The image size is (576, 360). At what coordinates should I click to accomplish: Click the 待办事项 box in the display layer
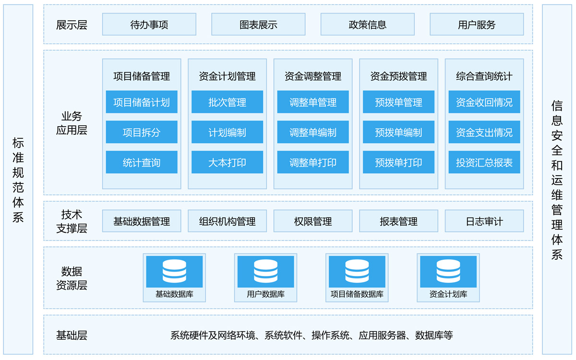click(149, 24)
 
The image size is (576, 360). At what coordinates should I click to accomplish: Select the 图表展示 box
click(258, 24)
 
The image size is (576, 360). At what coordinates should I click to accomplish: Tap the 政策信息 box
click(368, 24)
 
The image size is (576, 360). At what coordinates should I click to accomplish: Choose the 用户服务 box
click(477, 24)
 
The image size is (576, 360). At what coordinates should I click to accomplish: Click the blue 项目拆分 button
click(142, 132)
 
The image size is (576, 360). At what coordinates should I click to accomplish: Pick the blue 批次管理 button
click(228, 102)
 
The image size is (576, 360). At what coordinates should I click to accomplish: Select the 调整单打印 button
click(313, 162)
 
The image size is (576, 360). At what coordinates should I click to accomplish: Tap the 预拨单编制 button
click(398, 132)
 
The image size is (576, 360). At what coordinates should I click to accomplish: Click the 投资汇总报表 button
click(484, 162)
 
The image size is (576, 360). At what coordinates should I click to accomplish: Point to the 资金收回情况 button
click(484, 102)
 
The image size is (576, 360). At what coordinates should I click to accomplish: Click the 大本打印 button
click(228, 162)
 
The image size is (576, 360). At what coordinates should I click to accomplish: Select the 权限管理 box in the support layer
click(313, 221)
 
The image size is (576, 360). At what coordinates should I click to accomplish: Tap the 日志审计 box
click(484, 221)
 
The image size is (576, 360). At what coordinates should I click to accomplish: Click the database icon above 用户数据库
click(265, 271)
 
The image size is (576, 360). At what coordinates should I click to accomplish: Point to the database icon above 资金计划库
click(448, 271)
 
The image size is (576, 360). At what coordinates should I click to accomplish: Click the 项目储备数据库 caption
click(357, 294)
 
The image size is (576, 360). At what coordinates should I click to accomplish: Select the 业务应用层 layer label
click(72, 123)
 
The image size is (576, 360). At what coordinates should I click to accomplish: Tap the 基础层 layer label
click(72, 335)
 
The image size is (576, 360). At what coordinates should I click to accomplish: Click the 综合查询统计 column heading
click(484, 76)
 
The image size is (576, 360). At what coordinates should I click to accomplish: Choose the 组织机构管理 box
click(228, 221)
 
